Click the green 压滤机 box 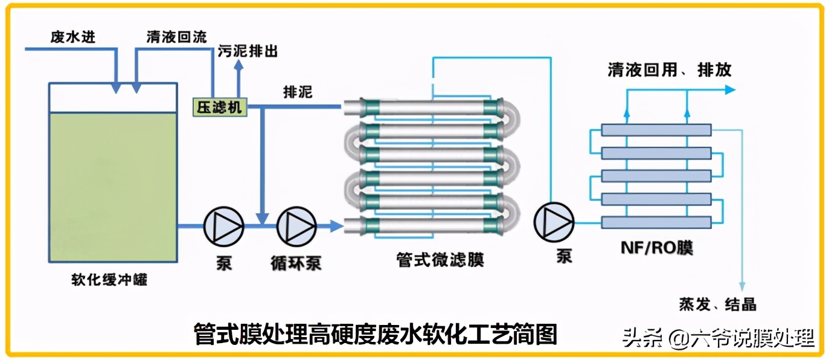click(220, 108)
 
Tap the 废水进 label click(73, 37)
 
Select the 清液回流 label click(177, 37)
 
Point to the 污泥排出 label click(248, 51)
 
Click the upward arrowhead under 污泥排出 click(239, 65)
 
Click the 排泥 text click(298, 92)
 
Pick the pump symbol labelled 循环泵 click(296, 226)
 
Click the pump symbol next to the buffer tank click(223, 226)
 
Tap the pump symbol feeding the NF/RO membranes click(554, 222)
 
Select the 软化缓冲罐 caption click(109, 280)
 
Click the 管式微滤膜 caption click(440, 260)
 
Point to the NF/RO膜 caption click(657, 248)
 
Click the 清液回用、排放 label click(670, 69)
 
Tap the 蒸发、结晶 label click(717, 304)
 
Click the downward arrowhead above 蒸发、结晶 click(742, 286)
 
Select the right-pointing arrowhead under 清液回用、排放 click(730, 89)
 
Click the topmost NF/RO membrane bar click(656, 130)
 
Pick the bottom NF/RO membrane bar click(656, 222)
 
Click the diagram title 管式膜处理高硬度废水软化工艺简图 click(376, 334)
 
